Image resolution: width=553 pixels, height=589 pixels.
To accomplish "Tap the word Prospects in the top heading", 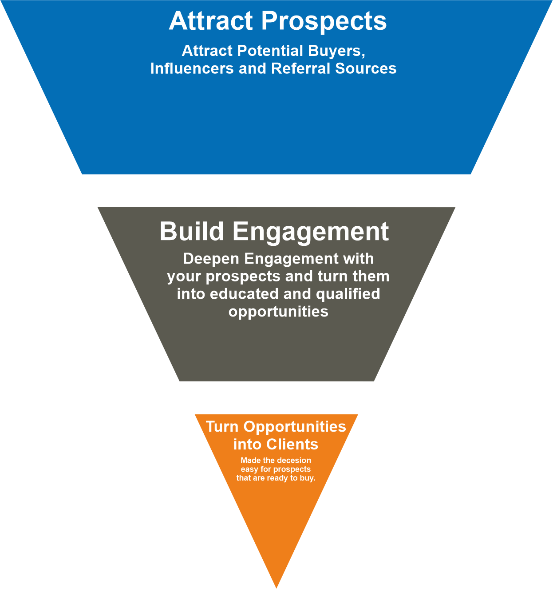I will [x=324, y=21].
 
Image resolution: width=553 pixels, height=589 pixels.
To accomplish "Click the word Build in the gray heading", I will [x=192, y=232].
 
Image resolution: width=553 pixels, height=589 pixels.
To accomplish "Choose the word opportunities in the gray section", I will [x=278, y=311].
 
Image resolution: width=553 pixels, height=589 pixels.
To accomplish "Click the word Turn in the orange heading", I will [x=222, y=427].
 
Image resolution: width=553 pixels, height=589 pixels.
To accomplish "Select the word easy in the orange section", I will [x=249, y=469].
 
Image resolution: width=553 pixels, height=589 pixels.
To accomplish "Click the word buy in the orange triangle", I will [x=307, y=478].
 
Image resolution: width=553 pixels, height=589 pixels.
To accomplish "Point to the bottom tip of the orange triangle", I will [x=276, y=586].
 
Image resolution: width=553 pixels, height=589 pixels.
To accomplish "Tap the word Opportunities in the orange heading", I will [x=295, y=427].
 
